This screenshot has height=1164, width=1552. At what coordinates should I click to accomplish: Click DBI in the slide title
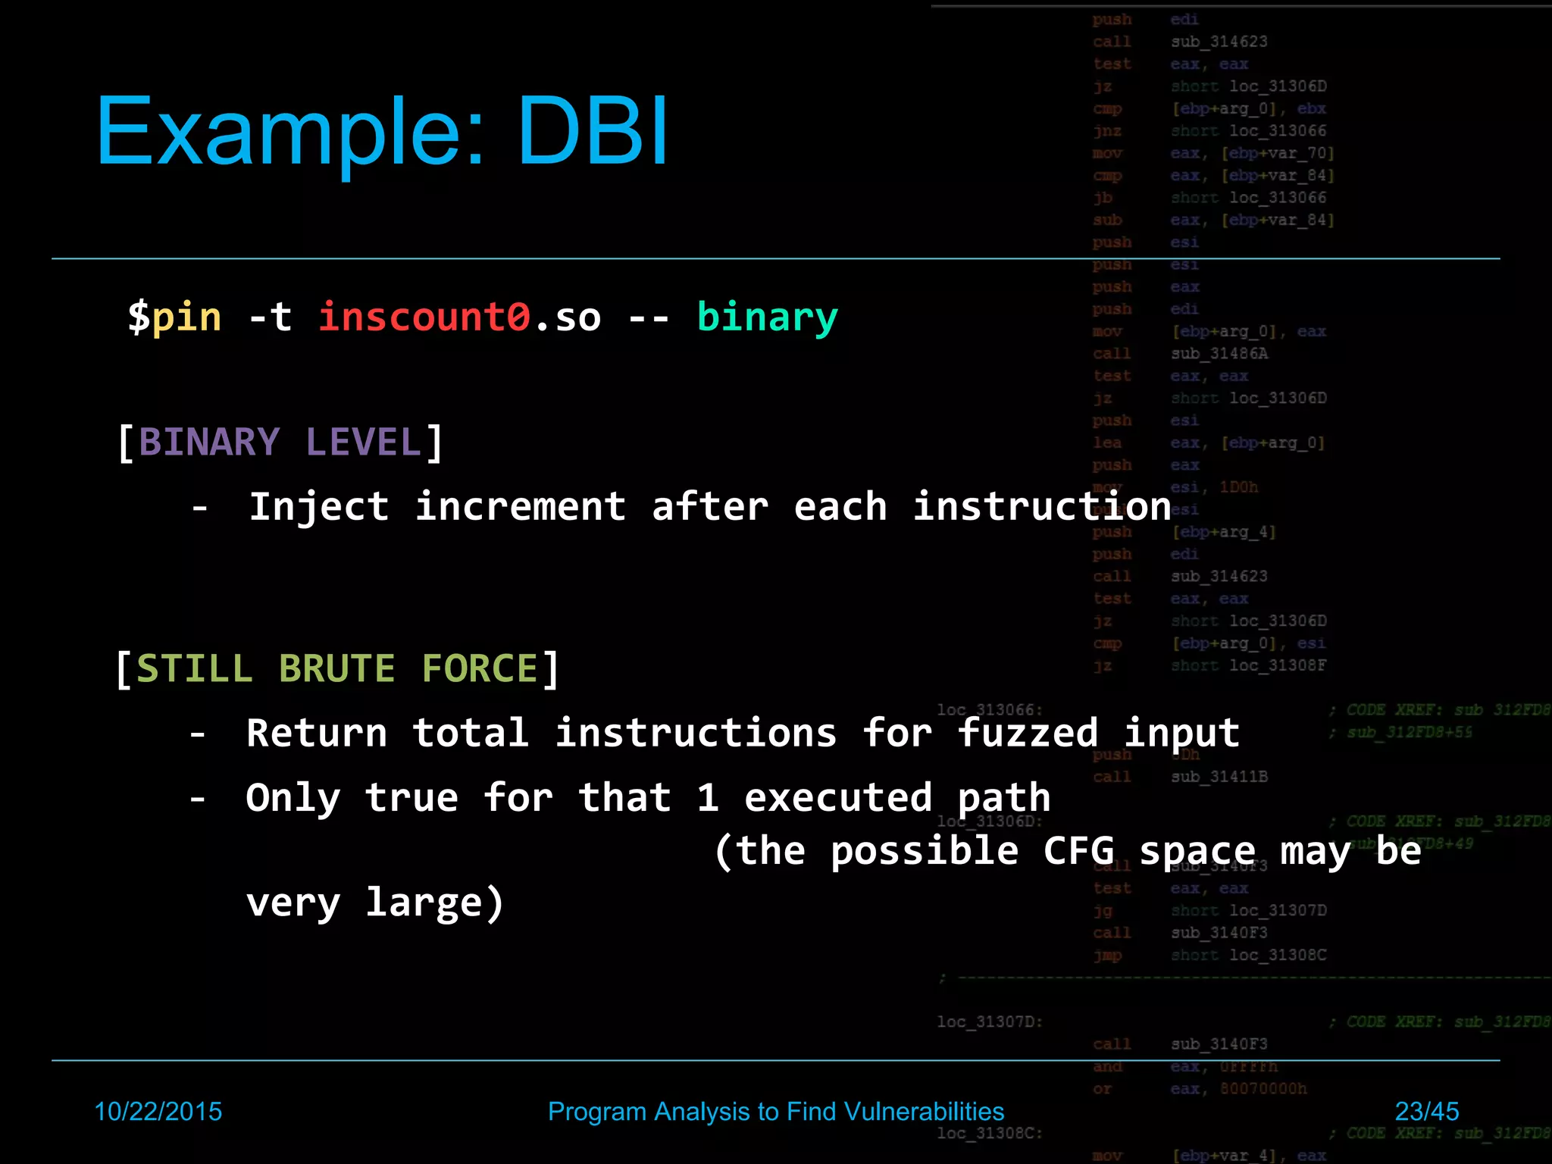click(593, 130)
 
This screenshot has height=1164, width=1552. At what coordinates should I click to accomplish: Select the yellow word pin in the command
click(186, 317)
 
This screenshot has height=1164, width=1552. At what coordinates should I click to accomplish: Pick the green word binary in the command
click(767, 318)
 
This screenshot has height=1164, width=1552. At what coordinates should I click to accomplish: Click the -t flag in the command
click(271, 317)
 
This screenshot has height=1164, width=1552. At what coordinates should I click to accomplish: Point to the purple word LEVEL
click(364, 443)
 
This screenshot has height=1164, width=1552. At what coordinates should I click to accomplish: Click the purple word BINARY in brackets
click(209, 443)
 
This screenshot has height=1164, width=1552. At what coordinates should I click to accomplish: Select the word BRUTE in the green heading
click(337, 669)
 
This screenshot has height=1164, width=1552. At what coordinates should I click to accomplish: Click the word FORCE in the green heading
click(479, 669)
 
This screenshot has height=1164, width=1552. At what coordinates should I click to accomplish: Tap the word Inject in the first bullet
click(319, 507)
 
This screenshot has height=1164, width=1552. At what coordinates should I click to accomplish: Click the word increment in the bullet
click(521, 507)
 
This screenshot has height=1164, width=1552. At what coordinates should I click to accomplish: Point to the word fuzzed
click(1027, 734)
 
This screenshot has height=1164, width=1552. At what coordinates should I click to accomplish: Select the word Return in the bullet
click(317, 734)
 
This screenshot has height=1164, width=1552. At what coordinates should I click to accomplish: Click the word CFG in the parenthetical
click(1078, 851)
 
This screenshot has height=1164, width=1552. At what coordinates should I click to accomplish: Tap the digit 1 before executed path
click(707, 798)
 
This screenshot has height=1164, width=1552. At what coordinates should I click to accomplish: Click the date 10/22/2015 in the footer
click(158, 1112)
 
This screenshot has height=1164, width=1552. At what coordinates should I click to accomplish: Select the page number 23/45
click(1426, 1112)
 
